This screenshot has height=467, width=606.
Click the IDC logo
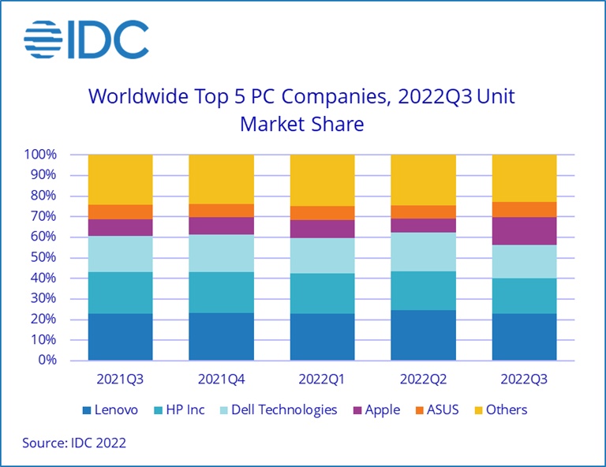click(x=86, y=39)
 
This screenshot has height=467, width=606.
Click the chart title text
click(x=302, y=110)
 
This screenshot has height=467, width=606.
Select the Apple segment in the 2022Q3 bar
click(x=524, y=230)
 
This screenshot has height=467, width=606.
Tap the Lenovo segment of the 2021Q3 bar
click(x=120, y=337)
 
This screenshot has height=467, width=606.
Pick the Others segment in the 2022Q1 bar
click(x=322, y=180)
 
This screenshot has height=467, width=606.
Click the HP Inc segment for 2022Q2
click(x=423, y=290)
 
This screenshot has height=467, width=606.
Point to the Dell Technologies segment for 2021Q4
click(x=221, y=253)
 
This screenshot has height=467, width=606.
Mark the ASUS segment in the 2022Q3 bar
click(x=524, y=209)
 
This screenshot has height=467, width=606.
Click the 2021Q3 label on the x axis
click(x=120, y=379)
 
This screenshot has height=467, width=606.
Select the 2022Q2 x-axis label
click(x=423, y=379)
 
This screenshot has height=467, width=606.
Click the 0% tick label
click(x=47, y=361)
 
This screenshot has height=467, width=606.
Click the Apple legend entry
click(x=376, y=409)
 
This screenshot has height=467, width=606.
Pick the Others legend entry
click(x=499, y=409)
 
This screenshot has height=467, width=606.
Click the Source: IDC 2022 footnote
click(x=74, y=443)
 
